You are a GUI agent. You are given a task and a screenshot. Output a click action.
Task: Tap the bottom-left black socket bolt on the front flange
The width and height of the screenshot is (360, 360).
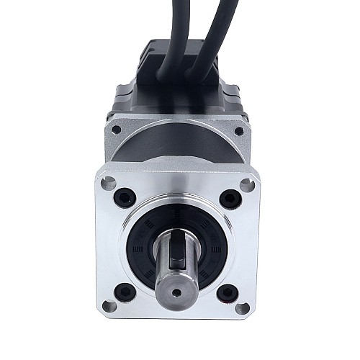(125, 292)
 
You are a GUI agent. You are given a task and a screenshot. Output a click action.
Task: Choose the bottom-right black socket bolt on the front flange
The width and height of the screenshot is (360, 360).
(228, 292)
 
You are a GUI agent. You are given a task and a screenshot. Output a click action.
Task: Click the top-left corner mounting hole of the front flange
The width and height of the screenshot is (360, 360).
(108, 183)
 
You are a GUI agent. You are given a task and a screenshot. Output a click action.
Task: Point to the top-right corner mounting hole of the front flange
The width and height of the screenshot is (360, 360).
(246, 184)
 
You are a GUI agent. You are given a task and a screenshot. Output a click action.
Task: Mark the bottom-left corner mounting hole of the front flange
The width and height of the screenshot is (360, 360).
(109, 307)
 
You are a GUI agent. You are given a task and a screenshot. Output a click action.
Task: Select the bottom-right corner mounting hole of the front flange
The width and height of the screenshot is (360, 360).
(243, 308)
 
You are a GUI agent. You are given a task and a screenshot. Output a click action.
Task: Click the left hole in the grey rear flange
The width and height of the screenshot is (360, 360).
(117, 130)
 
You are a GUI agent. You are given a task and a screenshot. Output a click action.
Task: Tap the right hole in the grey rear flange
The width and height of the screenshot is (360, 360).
(238, 131)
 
